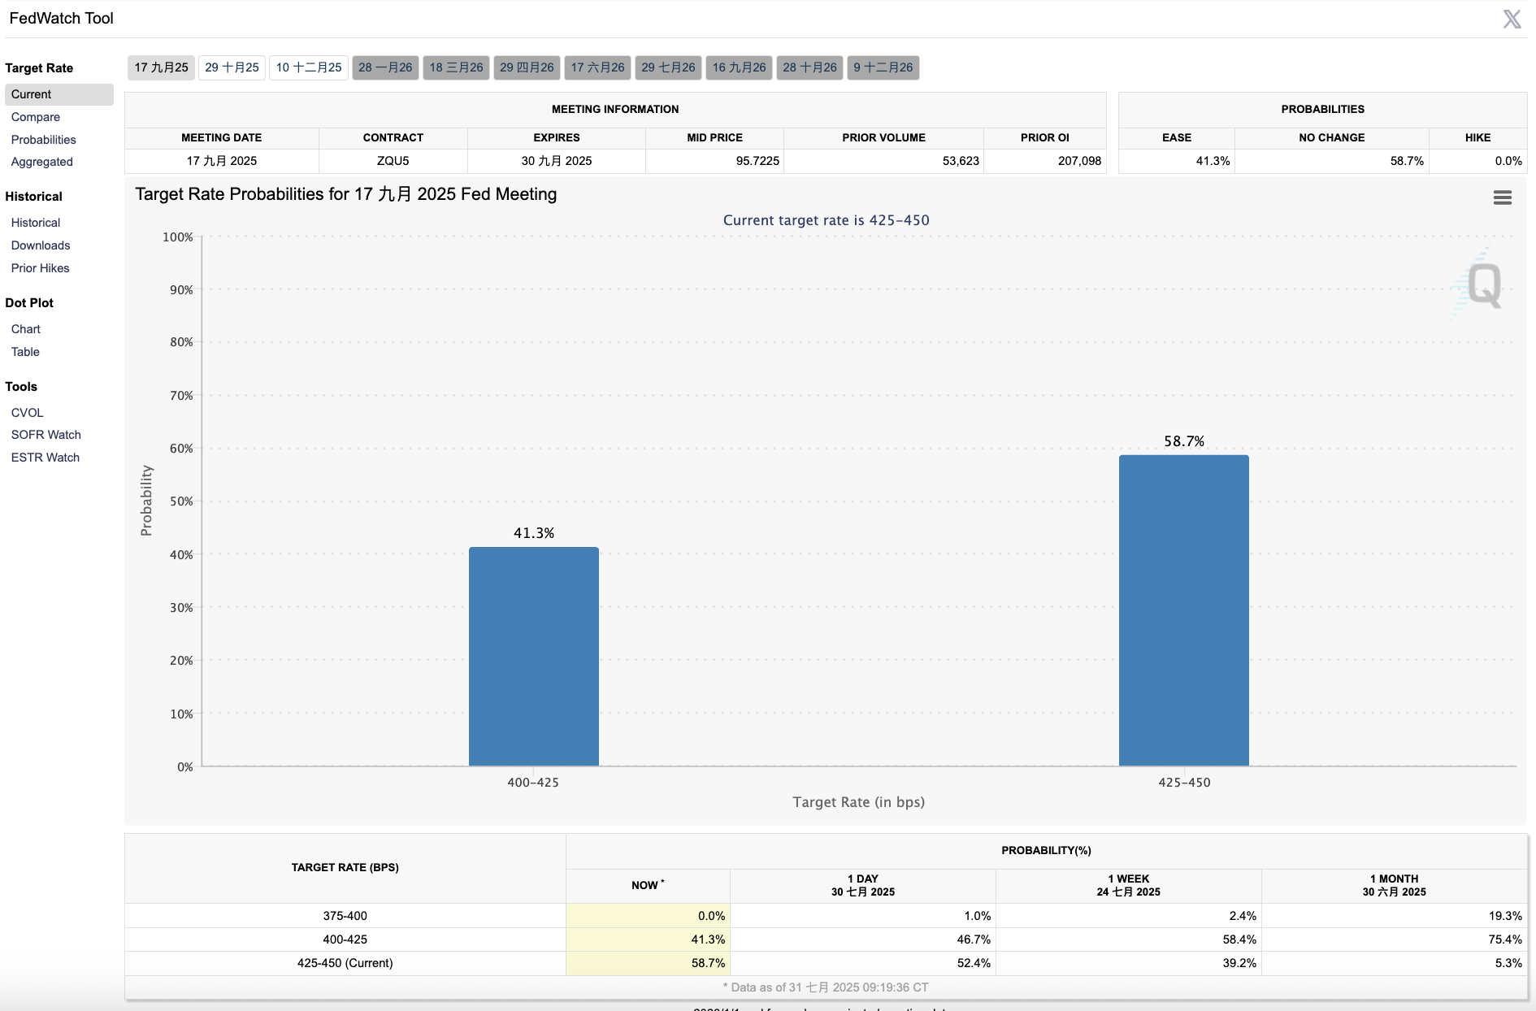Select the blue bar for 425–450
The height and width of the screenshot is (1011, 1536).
tap(1183, 610)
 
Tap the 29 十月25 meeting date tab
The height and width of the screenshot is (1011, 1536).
tap(232, 67)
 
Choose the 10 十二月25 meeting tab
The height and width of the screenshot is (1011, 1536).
tap(309, 67)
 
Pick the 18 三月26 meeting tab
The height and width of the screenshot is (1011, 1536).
tap(456, 67)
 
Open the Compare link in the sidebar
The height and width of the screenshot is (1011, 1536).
tap(36, 117)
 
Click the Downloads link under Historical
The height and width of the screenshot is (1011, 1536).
tap(41, 245)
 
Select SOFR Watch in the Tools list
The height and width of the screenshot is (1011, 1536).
tap(46, 435)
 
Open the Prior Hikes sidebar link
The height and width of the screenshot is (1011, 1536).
tap(41, 268)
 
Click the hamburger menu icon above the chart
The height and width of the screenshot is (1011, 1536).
tap(1502, 197)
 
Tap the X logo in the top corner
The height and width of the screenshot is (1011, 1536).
tap(1512, 19)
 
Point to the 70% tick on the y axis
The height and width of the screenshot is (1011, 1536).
tap(181, 396)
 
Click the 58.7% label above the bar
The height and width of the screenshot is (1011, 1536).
tap(1184, 441)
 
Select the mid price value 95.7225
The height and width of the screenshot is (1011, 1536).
tap(757, 161)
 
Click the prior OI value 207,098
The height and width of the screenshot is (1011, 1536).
tap(1079, 161)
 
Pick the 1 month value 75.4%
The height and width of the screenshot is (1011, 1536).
tap(1505, 939)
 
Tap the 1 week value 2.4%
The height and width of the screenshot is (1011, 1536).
tap(1243, 916)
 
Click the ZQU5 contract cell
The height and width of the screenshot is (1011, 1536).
tap(393, 161)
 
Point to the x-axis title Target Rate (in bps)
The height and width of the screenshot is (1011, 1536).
tap(858, 802)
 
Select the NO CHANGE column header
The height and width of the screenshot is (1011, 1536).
tap(1331, 137)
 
